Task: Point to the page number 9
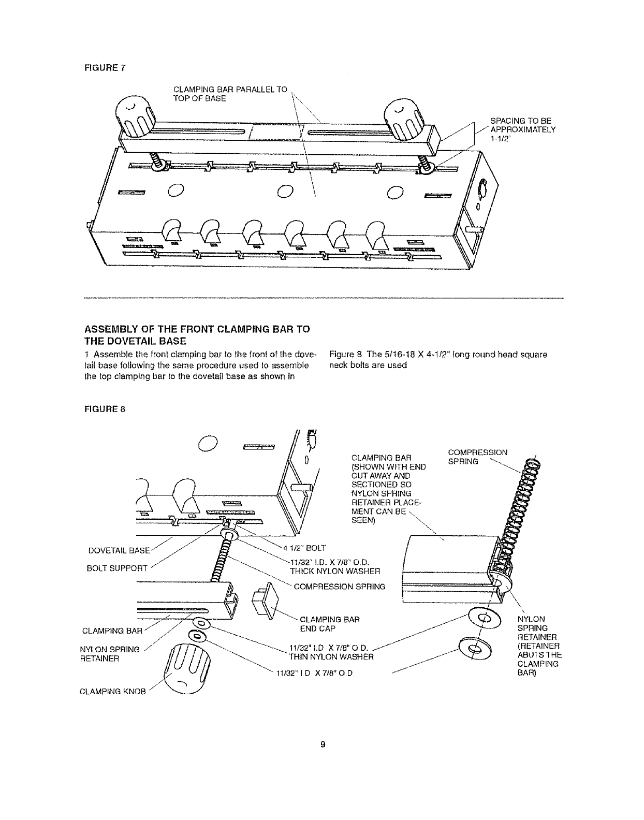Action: coord(322,744)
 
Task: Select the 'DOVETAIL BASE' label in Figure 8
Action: coord(126,550)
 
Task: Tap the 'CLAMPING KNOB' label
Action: coord(114,690)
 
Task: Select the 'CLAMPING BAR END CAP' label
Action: coord(329,624)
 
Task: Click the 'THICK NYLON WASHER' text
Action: coord(335,571)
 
